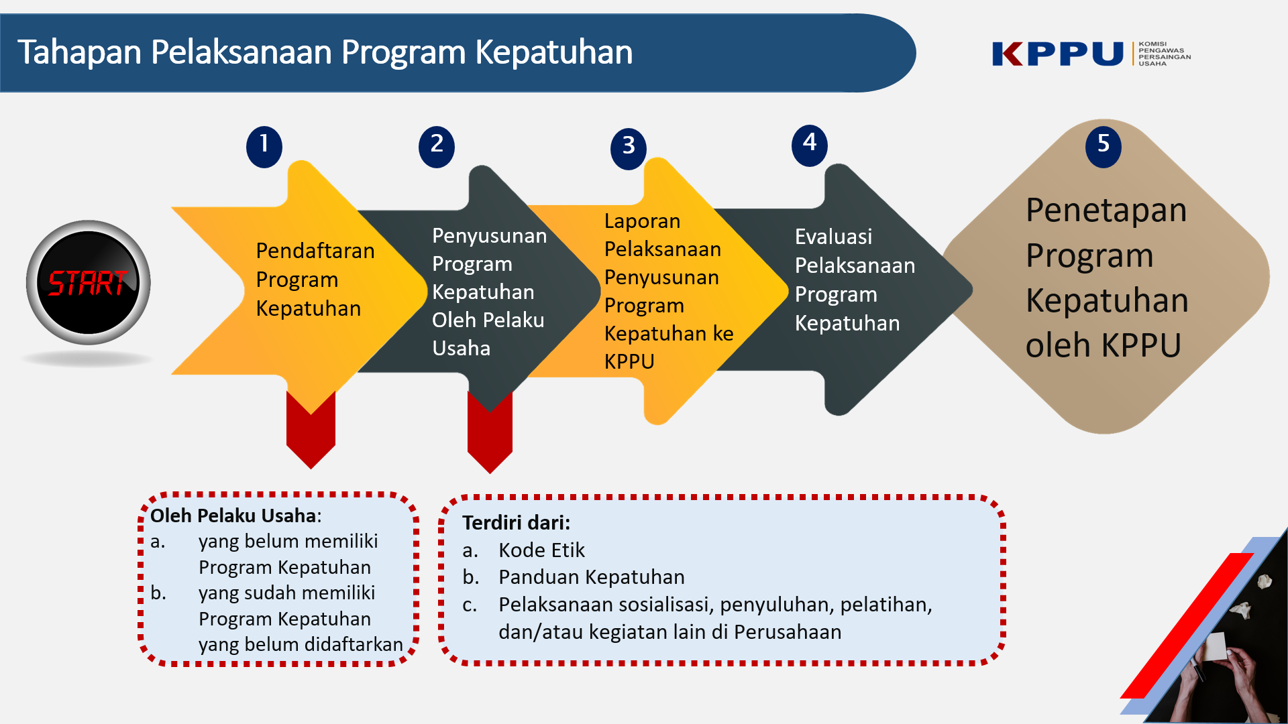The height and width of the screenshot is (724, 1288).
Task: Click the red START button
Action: (x=88, y=283)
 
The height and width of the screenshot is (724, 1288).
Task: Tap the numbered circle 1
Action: (x=264, y=146)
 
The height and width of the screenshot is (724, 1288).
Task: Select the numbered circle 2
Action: (x=437, y=146)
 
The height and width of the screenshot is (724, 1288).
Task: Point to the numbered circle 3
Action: (x=629, y=148)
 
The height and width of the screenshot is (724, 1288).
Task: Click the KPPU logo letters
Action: (x=1057, y=54)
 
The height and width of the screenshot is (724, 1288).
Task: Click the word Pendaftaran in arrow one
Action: (x=315, y=251)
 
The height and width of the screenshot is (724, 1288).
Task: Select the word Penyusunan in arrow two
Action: (x=489, y=236)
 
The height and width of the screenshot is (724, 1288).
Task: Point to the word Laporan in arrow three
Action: (x=642, y=221)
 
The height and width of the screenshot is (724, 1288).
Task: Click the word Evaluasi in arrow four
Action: (x=833, y=237)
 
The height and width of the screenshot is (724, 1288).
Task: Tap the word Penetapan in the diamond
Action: (x=1106, y=210)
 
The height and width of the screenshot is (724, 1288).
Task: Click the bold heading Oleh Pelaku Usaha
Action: (x=233, y=516)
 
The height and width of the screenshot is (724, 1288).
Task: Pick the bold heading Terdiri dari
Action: (x=515, y=523)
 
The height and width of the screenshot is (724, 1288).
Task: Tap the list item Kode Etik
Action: (x=541, y=550)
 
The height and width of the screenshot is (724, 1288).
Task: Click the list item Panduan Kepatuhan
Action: (x=591, y=577)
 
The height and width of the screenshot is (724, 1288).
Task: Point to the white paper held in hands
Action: (x=1216, y=648)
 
